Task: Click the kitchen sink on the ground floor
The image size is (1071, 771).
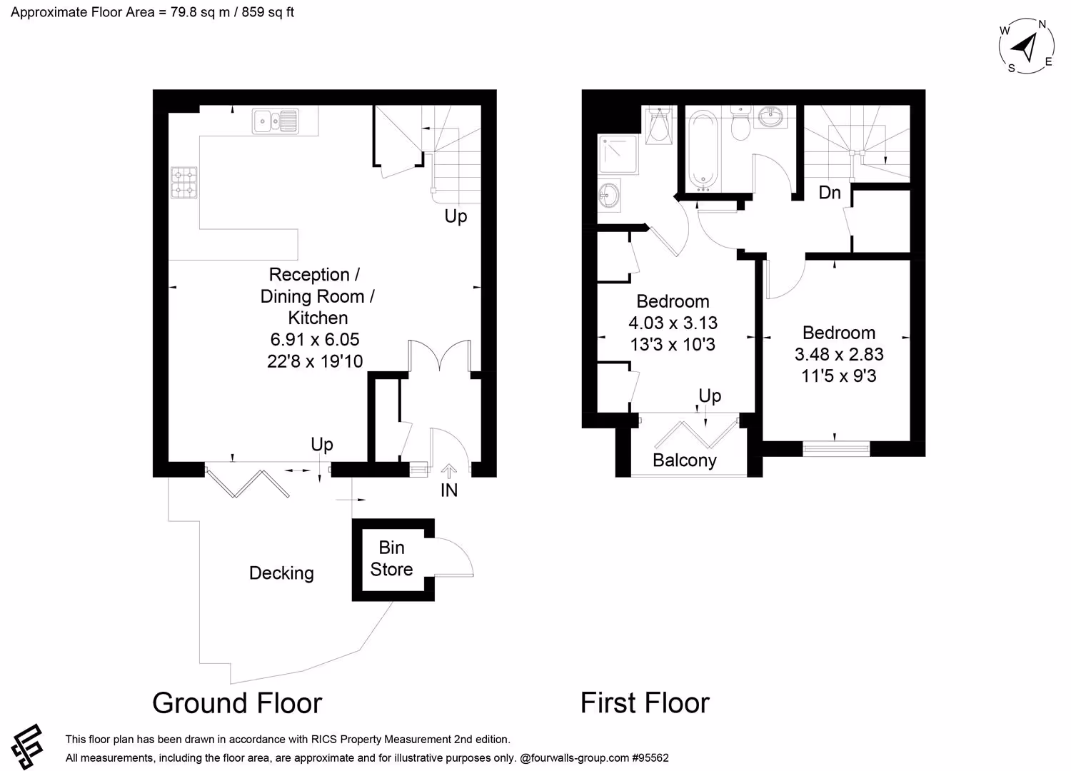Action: click(x=276, y=121)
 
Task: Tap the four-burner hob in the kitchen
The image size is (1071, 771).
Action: click(x=183, y=182)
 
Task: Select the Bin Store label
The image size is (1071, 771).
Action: click(x=391, y=558)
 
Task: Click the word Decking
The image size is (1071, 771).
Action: click(x=281, y=573)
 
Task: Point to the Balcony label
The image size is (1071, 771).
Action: click(x=685, y=460)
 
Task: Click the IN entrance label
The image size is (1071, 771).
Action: click(x=449, y=490)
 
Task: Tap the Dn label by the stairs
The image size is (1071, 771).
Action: click(x=830, y=193)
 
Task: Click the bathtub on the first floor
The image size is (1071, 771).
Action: click(x=702, y=150)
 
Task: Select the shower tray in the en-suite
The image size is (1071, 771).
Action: click(x=618, y=153)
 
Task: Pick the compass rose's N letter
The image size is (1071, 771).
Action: click(x=1042, y=24)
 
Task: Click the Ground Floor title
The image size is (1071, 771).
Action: click(x=237, y=702)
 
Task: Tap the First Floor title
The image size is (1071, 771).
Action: click(x=645, y=702)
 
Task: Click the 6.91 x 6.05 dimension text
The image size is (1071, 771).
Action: click(x=315, y=339)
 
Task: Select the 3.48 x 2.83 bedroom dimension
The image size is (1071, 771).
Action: click(x=839, y=354)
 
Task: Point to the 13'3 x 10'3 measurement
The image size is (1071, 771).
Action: click(x=673, y=344)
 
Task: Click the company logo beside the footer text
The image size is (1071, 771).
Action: click(x=28, y=746)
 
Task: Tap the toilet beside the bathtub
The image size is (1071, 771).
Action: click(x=740, y=123)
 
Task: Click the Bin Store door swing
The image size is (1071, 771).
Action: click(x=454, y=557)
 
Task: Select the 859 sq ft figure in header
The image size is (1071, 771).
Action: click(x=268, y=12)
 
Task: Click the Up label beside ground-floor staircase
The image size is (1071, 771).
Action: click(x=456, y=216)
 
